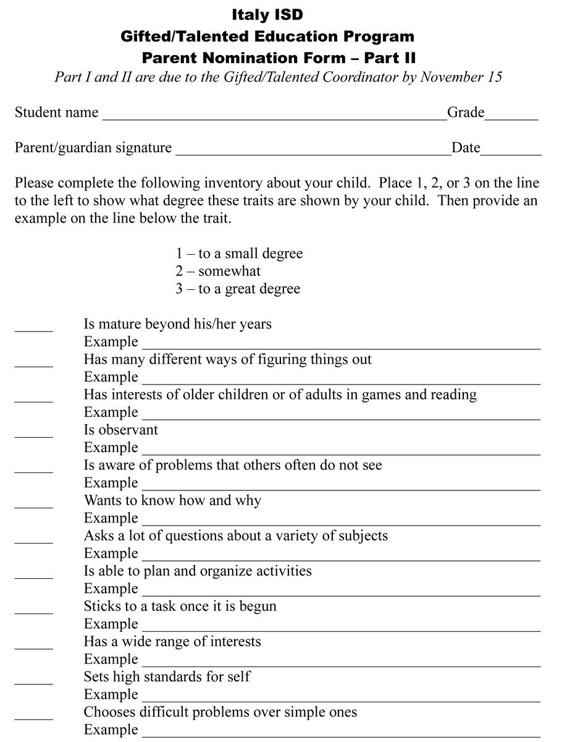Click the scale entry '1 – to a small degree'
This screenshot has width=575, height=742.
[239, 254]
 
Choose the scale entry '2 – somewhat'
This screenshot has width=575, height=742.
[218, 271]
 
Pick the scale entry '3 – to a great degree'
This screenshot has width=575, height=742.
[238, 289]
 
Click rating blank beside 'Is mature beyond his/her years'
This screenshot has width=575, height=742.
[34, 329]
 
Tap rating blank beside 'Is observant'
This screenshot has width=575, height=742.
[34, 435]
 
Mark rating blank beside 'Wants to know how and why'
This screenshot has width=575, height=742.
[34, 505]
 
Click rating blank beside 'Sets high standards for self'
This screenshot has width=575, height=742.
[34, 681]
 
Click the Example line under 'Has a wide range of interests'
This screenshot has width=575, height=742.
[341, 664]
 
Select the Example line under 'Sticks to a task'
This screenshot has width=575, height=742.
[341, 629]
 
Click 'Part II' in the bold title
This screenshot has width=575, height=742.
[390, 58]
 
